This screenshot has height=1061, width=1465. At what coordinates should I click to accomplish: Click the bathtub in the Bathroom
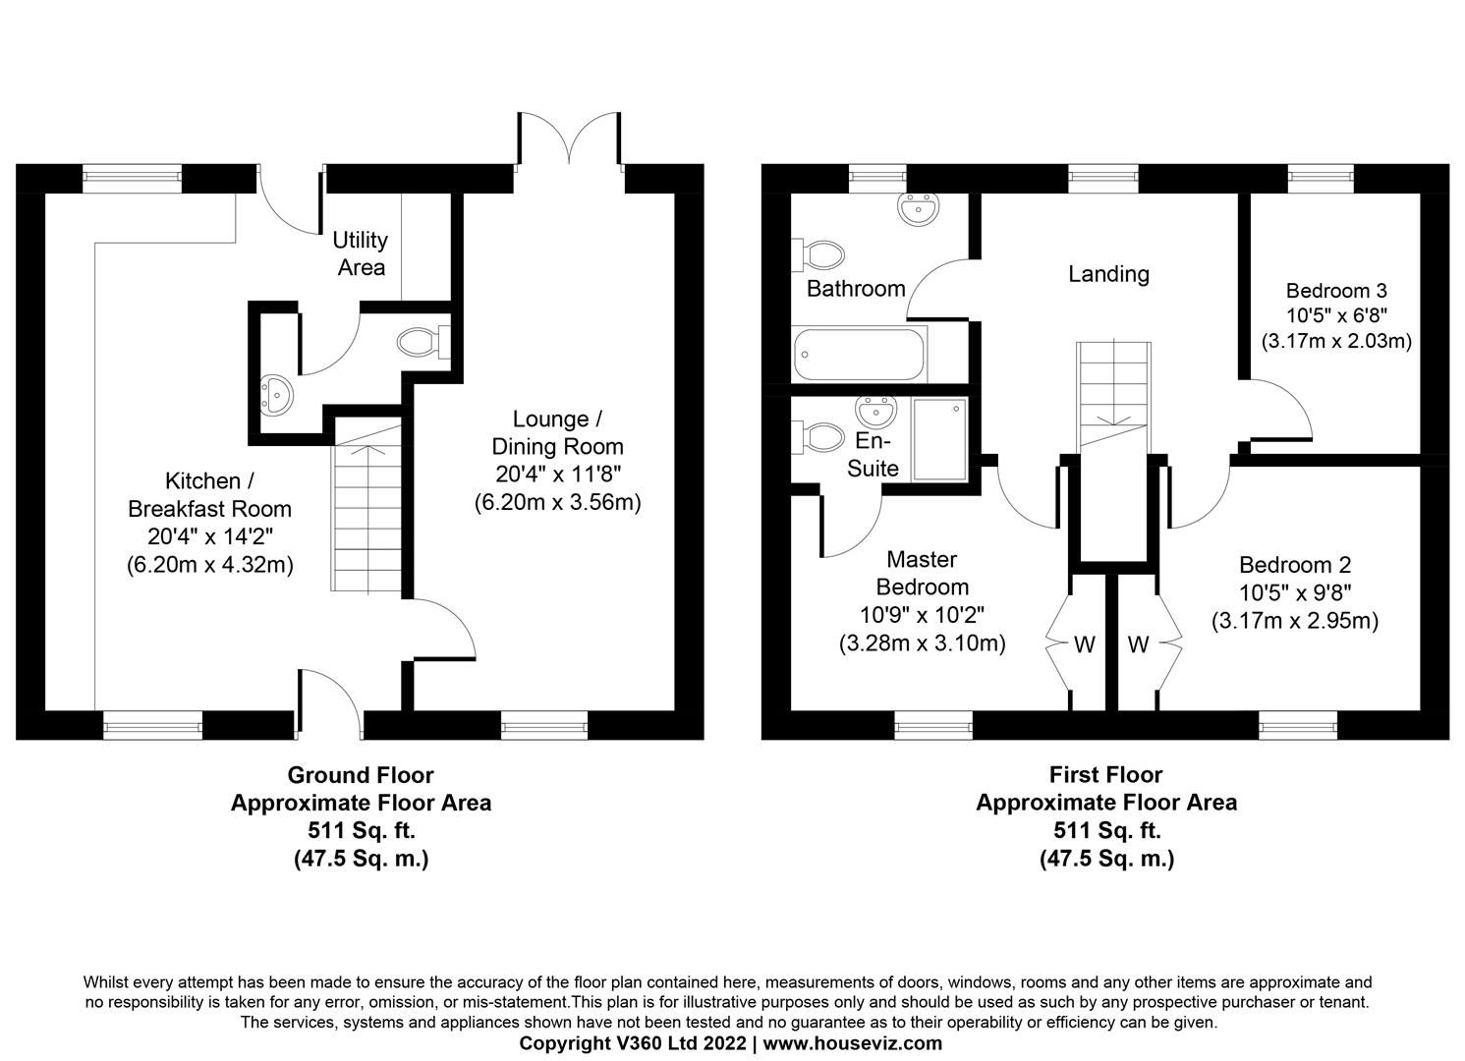coord(859,355)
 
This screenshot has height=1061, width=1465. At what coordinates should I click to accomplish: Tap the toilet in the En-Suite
coord(817,437)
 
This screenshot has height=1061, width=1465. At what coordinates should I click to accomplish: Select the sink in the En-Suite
coord(875,412)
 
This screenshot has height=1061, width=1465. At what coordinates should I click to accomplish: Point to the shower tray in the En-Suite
coord(940,439)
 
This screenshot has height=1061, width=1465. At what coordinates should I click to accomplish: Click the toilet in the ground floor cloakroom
coord(423,342)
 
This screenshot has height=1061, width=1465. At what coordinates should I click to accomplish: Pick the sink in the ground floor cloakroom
coord(276,395)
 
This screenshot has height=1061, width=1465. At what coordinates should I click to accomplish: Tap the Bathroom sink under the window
coord(919,209)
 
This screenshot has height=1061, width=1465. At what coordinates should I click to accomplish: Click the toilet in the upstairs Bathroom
coord(817,255)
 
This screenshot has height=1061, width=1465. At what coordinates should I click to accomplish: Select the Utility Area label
coord(361,253)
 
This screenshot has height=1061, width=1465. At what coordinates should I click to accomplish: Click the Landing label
coord(1108,274)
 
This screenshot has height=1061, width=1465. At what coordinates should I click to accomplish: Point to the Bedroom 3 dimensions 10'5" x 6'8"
coord(1337,315)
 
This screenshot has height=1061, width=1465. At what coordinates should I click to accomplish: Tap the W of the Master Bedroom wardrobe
coord(1085,644)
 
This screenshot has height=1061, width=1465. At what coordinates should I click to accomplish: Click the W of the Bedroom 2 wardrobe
coord(1138,644)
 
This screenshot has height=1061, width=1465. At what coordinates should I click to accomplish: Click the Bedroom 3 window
coord(1321,179)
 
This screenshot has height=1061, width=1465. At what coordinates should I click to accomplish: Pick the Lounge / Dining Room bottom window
coord(544,725)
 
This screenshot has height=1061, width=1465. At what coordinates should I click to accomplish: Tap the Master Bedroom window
coord(933,725)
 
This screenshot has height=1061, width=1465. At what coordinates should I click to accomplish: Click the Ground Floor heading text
coord(361,775)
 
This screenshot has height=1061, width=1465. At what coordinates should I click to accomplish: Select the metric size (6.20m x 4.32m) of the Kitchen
coord(210,565)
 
